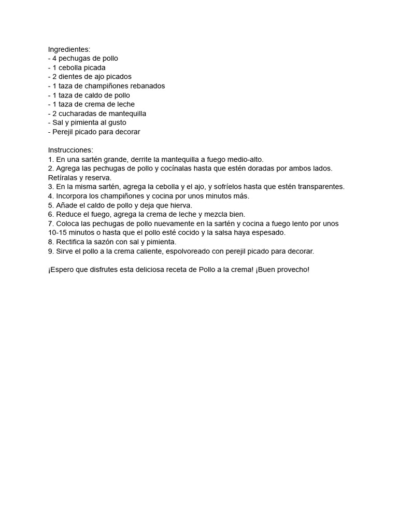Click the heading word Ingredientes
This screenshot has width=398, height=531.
coord(68,50)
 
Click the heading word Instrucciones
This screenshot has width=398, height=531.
coord(70,150)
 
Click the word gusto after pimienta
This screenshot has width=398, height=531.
coord(116,123)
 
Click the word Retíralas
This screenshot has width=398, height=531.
coord(63,178)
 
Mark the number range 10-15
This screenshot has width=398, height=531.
coord(58,233)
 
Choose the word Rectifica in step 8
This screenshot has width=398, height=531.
coord(70,242)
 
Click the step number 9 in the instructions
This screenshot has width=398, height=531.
coord(50,251)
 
